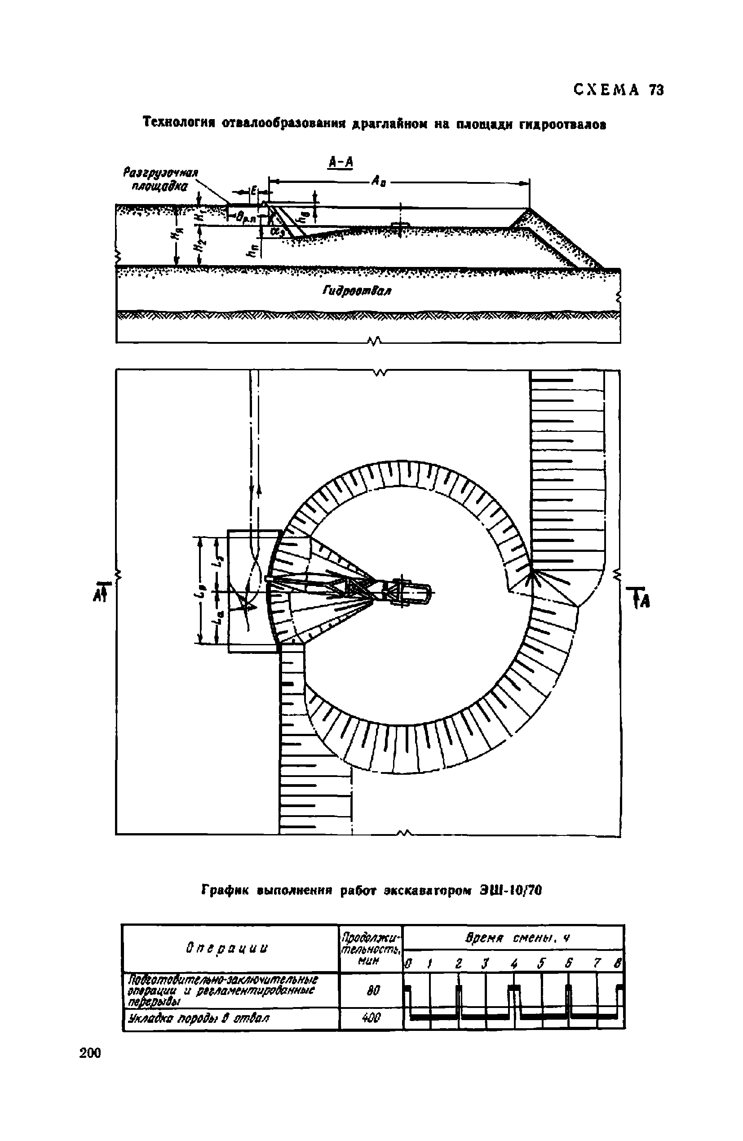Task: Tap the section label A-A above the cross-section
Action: (x=341, y=163)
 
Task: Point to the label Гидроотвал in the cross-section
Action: (x=357, y=291)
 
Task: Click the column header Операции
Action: (x=226, y=948)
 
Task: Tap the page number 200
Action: (x=91, y=1053)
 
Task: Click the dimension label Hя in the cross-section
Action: (x=177, y=235)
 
